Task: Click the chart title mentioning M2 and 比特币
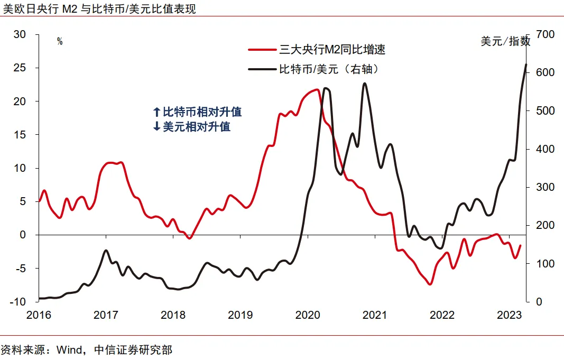point(99,9)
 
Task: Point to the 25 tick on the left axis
point(20,68)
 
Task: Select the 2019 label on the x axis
point(240,315)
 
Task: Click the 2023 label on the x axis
point(509,315)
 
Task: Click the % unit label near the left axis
point(60,42)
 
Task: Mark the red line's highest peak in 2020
point(317,90)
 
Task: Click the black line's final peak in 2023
point(526,64)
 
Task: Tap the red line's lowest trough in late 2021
point(430,284)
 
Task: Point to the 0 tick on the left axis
point(22,235)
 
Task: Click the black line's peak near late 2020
point(365,84)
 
